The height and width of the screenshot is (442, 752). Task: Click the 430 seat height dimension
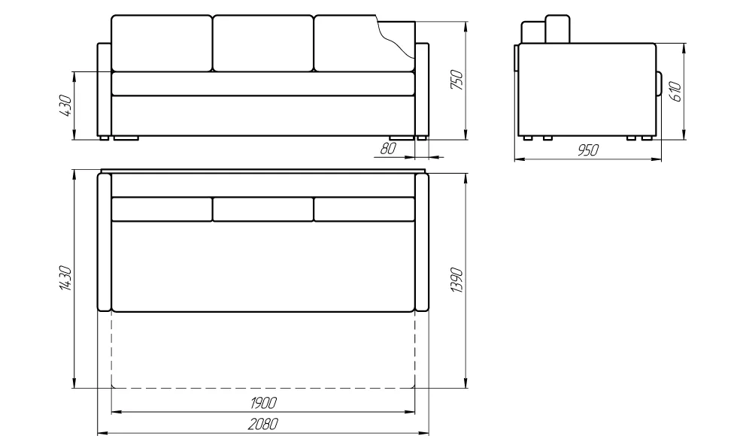click(x=65, y=105)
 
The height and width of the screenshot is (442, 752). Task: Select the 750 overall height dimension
click(x=457, y=80)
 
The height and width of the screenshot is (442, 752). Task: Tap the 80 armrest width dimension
click(x=388, y=149)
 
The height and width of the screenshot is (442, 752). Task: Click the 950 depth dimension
click(x=587, y=150)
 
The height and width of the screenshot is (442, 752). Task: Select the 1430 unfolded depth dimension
click(x=65, y=279)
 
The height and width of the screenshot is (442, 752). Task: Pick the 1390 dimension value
click(x=457, y=280)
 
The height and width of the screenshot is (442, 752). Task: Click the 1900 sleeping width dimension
click(x=263, y=403)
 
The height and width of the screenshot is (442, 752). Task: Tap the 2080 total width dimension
click(x=263, y=424)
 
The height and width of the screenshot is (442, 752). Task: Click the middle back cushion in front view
click(x=262, y=43)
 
